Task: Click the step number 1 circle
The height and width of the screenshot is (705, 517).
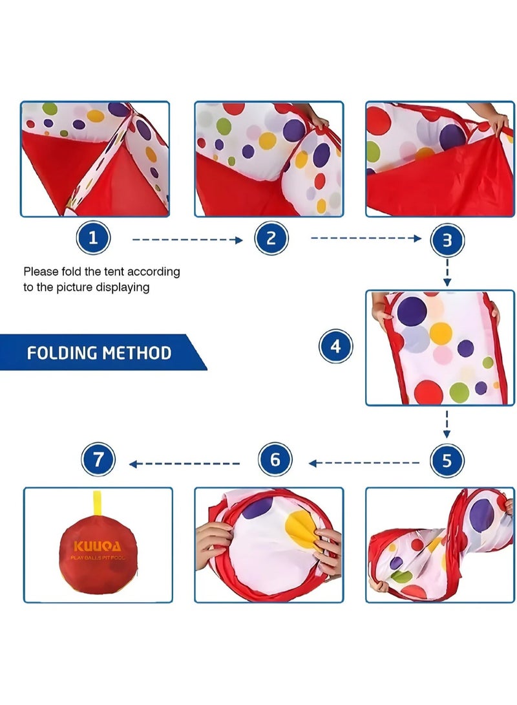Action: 93,239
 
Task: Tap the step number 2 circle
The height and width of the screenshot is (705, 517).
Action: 271,239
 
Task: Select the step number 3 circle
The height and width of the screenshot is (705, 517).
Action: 447,241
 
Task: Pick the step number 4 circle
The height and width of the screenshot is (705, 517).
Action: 335,347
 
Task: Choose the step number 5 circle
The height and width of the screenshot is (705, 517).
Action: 447,462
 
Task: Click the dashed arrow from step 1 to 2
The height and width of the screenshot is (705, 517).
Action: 187,239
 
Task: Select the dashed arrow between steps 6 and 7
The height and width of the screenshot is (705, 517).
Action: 185,464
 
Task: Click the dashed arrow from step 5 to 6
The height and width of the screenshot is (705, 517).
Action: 364,463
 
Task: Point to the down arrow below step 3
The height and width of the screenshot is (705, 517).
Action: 447,274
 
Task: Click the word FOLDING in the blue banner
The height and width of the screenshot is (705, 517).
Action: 63,353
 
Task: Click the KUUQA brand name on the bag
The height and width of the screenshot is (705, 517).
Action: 98,546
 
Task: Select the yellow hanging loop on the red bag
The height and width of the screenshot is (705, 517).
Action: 98,503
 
